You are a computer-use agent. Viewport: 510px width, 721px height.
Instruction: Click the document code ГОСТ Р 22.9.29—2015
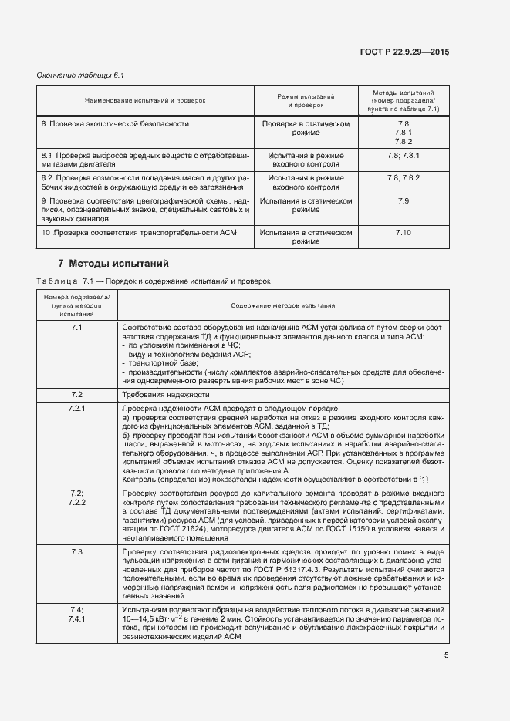coord(404,52)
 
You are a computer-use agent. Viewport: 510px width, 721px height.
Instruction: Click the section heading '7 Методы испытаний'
coord(108,263)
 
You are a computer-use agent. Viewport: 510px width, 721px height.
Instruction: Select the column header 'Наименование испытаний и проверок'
coord(145,100)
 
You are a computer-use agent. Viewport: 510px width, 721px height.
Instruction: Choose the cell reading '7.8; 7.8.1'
coord(403,156)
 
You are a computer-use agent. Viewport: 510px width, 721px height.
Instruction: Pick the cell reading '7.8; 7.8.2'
coord(403,178)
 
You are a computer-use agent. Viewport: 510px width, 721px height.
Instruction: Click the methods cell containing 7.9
coord(403,200)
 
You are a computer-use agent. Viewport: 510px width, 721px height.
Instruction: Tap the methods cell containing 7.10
coord(403,232)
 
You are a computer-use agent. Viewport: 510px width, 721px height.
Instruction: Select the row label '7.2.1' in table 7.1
coord(77,408)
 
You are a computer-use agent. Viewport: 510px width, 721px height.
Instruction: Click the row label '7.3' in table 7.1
coord(77,552)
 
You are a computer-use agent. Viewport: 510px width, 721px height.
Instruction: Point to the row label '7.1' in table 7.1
coord(77,328)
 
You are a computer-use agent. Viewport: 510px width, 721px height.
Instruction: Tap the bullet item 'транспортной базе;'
coord(163,363)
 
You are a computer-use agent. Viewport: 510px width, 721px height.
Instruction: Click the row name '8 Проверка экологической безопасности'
coord(115,123)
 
